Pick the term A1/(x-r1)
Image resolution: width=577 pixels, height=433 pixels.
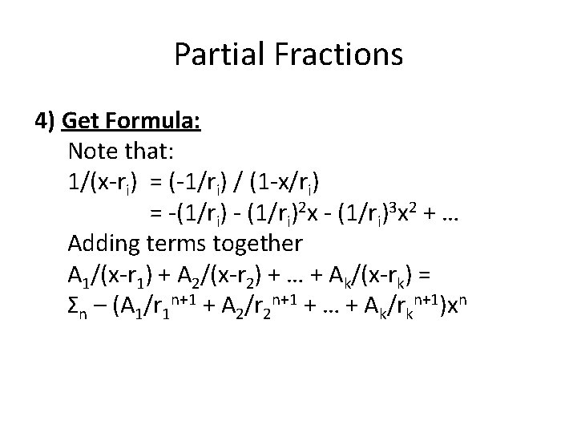click(111, 272)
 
